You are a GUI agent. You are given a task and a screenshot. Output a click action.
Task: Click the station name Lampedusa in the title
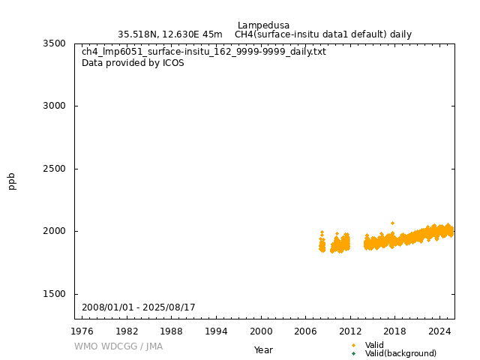(263, 25)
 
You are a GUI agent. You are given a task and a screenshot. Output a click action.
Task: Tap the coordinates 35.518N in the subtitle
(139, 34)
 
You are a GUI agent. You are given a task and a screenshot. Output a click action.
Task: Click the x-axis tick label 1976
(82, 331)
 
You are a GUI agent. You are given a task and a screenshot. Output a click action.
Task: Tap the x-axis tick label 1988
(172, 331)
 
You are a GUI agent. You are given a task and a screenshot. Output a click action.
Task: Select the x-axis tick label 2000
(261, 331)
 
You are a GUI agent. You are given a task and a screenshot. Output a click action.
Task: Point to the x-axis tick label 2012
(350, 331)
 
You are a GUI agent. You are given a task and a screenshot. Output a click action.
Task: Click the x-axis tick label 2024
(439, 331)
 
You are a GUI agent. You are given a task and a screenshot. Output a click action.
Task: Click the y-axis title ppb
(12, 181)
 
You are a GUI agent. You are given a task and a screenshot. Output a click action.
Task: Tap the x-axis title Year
(263, 349)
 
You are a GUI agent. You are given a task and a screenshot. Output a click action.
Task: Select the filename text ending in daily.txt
(204, 52)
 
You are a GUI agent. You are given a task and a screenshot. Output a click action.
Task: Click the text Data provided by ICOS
(133, 63)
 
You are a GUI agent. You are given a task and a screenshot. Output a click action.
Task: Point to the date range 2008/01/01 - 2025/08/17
(139, 307)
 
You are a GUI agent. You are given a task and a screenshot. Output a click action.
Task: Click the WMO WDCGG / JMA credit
(118, 346)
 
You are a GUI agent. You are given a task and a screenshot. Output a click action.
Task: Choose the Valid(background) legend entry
(400, 353)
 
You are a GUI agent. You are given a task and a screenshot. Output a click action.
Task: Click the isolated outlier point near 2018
(392, 223)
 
